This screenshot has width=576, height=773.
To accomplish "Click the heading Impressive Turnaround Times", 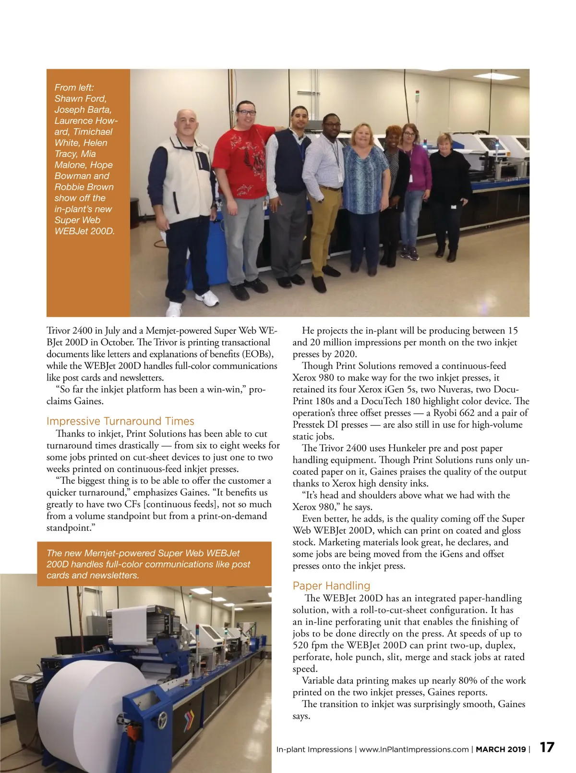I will [120, 421].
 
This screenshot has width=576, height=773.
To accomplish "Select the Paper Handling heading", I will [331, 586].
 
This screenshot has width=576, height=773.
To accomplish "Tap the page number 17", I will [547, 748].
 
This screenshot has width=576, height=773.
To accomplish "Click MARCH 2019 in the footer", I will [501, 749].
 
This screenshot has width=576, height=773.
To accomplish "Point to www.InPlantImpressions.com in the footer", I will [414, 749].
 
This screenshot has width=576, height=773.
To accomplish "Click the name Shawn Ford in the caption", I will [80, 98].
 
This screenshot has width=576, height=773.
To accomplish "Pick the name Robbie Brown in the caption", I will [84, 187].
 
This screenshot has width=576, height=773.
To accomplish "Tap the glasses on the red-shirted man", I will [247, 113].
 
